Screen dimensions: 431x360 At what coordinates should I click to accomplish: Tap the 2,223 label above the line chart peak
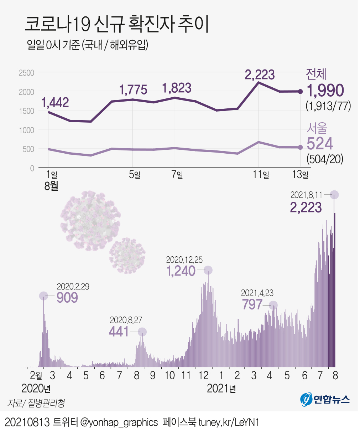(260, 75)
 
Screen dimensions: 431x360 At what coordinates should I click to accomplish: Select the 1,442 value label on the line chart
(55, 103)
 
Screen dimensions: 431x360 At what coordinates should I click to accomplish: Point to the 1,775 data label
(133, 90)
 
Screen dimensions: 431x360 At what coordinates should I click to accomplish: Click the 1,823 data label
(177, 88)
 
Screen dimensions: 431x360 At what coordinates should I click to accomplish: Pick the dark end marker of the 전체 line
(300, 92)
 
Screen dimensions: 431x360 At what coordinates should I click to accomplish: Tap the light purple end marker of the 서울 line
(300, 147)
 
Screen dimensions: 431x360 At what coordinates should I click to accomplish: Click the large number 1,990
(325, 91)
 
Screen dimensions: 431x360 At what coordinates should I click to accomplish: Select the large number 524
(320, 144)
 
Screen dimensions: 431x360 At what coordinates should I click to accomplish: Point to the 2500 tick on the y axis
(26, 73)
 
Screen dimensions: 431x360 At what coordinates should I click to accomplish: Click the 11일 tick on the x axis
(261, 175)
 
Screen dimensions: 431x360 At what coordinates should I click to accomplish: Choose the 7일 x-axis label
(177, 175)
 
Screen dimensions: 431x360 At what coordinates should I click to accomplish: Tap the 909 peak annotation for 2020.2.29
(67, 297)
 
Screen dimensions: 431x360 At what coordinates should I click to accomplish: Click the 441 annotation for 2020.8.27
(119, 332)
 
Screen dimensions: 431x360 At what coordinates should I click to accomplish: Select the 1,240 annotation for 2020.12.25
(181, 271)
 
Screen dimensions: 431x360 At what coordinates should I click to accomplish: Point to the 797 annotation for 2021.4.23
(252, 304)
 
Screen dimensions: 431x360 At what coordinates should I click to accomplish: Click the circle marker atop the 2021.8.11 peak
(334, 195)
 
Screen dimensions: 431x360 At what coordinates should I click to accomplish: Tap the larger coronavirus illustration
(90, 221)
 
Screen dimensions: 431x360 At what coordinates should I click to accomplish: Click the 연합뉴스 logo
(325, 399)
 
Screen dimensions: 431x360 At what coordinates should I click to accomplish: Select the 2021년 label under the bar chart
(221, 389)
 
